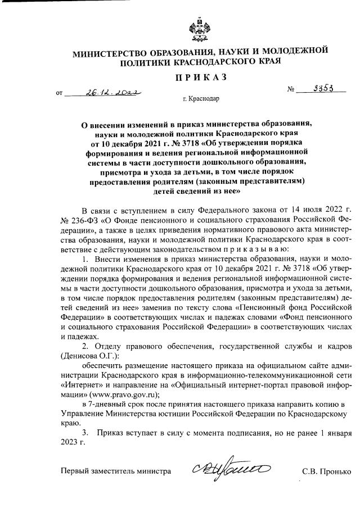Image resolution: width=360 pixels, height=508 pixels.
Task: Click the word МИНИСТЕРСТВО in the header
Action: tap(110, 54)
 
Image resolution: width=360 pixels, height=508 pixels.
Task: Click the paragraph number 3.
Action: tap(85, 433)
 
